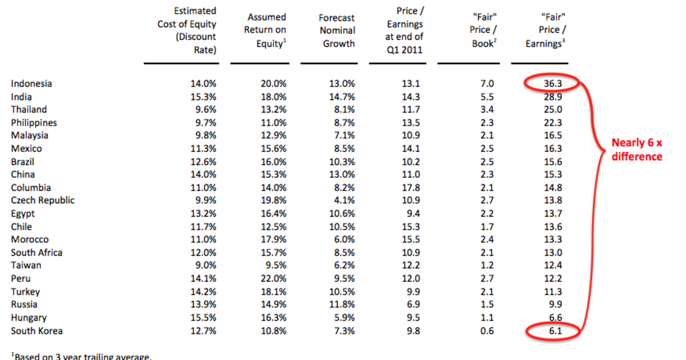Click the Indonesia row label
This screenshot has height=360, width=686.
pyautogui.click(x=31, y=83)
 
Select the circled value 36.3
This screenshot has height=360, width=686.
pyautogui.click(x=553, y=83)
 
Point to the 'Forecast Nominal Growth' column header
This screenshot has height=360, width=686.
pyautogui.click(x=337, y=31)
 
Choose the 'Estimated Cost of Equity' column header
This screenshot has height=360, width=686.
pyautogui.click(x=187, y=30)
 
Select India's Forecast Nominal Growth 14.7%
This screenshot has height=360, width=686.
pyautogui.click(x=341, y=97)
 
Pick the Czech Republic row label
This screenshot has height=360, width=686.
pyautogui.click(x=43, y=201)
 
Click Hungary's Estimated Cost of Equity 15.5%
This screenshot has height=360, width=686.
pyautogui.click(x=203, y=318)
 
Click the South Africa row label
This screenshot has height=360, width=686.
pyautogui.click(x=37, y=253)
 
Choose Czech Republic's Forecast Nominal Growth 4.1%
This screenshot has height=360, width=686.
pyautogui.click(x=344, y=201)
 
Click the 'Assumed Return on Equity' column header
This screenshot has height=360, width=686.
pyautogui.click(x=265, y=30)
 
